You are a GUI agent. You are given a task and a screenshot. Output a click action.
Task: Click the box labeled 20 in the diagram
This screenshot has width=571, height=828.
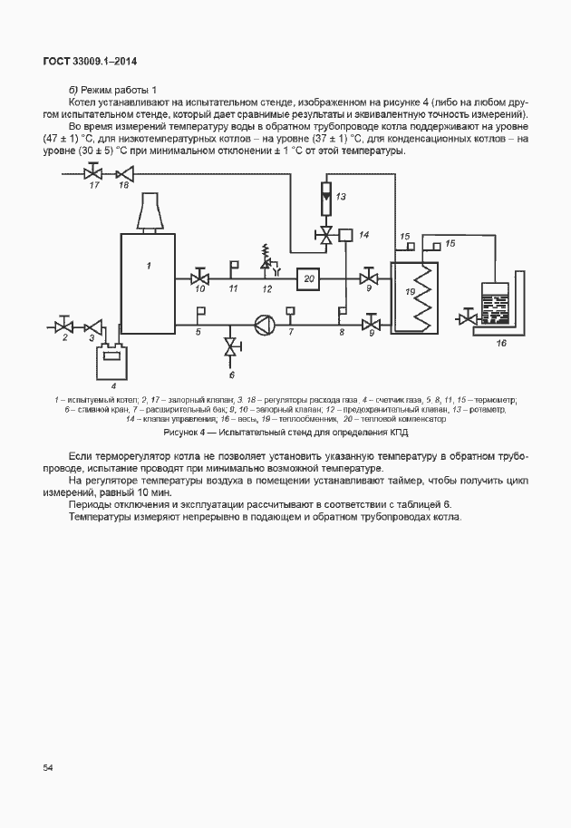[x=308, y=278]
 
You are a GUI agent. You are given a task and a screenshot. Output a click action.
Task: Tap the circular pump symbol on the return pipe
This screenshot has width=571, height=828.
[x=263, y=324]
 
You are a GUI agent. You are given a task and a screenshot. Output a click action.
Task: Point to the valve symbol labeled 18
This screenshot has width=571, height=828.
[x=126, y=172]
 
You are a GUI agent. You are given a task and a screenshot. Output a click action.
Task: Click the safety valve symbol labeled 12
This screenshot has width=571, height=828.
[x=267, y=265]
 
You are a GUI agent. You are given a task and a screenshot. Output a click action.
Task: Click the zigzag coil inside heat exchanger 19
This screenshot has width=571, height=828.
[x=422, y=297]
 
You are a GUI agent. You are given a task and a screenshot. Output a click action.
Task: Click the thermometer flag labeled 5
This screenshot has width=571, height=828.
[x=200, y=315]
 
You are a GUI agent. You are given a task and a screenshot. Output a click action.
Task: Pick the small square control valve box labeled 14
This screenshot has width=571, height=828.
[x=347, y=236]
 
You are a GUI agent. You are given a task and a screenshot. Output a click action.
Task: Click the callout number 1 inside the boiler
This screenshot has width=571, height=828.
[x=148, y=265]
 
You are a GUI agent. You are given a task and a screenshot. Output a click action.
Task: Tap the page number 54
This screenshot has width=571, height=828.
[x=48, y=768]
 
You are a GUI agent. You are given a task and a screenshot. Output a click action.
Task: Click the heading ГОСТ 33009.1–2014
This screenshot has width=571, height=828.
[x=90, y=62]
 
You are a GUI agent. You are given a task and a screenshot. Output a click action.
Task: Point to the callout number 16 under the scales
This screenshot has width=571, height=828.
[x=501, y=344]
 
